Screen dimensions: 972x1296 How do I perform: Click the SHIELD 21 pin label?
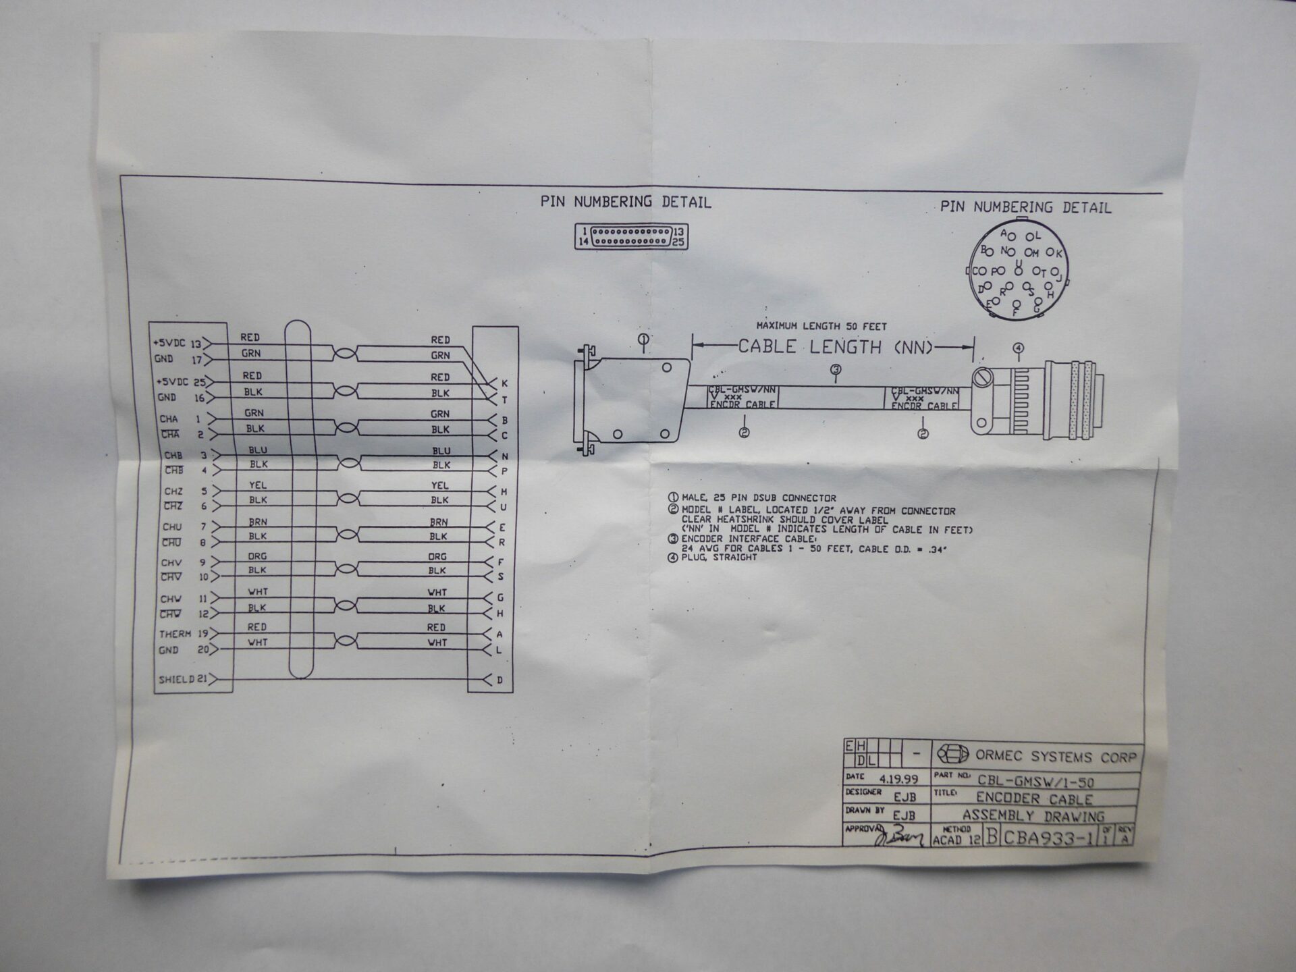point(182,679)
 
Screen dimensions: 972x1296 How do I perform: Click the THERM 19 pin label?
point(183,634)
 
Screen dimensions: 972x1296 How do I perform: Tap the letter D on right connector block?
point(500,680)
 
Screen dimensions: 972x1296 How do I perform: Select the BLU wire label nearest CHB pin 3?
point(258,450)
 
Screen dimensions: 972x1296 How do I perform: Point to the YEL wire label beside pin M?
point(439,485)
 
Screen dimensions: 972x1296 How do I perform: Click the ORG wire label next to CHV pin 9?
point(257,556)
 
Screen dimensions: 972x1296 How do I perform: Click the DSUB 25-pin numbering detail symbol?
point(631,236)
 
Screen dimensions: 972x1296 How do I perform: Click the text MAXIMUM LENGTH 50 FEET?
point(821,326)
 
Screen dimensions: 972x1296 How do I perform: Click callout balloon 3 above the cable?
point(836,369)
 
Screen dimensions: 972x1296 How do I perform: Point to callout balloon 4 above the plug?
point(1019,348)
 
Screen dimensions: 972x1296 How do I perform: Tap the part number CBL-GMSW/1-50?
point(1035,782)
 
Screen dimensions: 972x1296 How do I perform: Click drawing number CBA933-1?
point(1048,838)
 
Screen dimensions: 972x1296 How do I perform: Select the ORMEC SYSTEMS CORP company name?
point(1056,757)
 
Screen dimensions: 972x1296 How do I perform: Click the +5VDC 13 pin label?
point(178,344)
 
